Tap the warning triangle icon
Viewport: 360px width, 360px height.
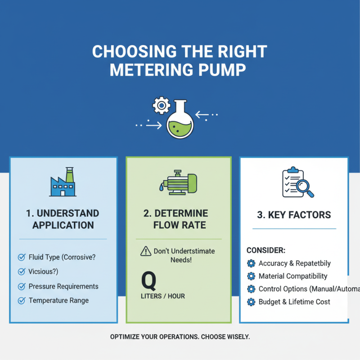145,251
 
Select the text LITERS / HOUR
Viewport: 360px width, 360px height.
163,296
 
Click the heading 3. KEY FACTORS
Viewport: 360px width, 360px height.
294,215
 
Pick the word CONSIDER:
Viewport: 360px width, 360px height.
266,250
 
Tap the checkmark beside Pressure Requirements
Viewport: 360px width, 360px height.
21,286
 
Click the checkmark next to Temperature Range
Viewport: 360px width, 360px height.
21,301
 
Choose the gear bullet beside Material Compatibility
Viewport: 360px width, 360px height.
251,276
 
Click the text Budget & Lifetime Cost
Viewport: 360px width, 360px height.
294,302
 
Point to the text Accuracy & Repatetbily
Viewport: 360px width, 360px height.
295,263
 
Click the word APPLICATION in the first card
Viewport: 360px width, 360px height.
63,225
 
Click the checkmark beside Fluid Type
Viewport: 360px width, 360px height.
21,257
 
